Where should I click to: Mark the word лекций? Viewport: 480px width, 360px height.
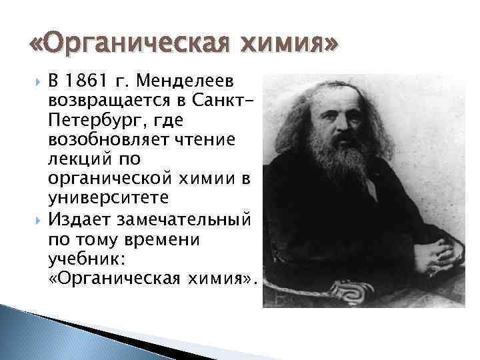click(x=73, y=160)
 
